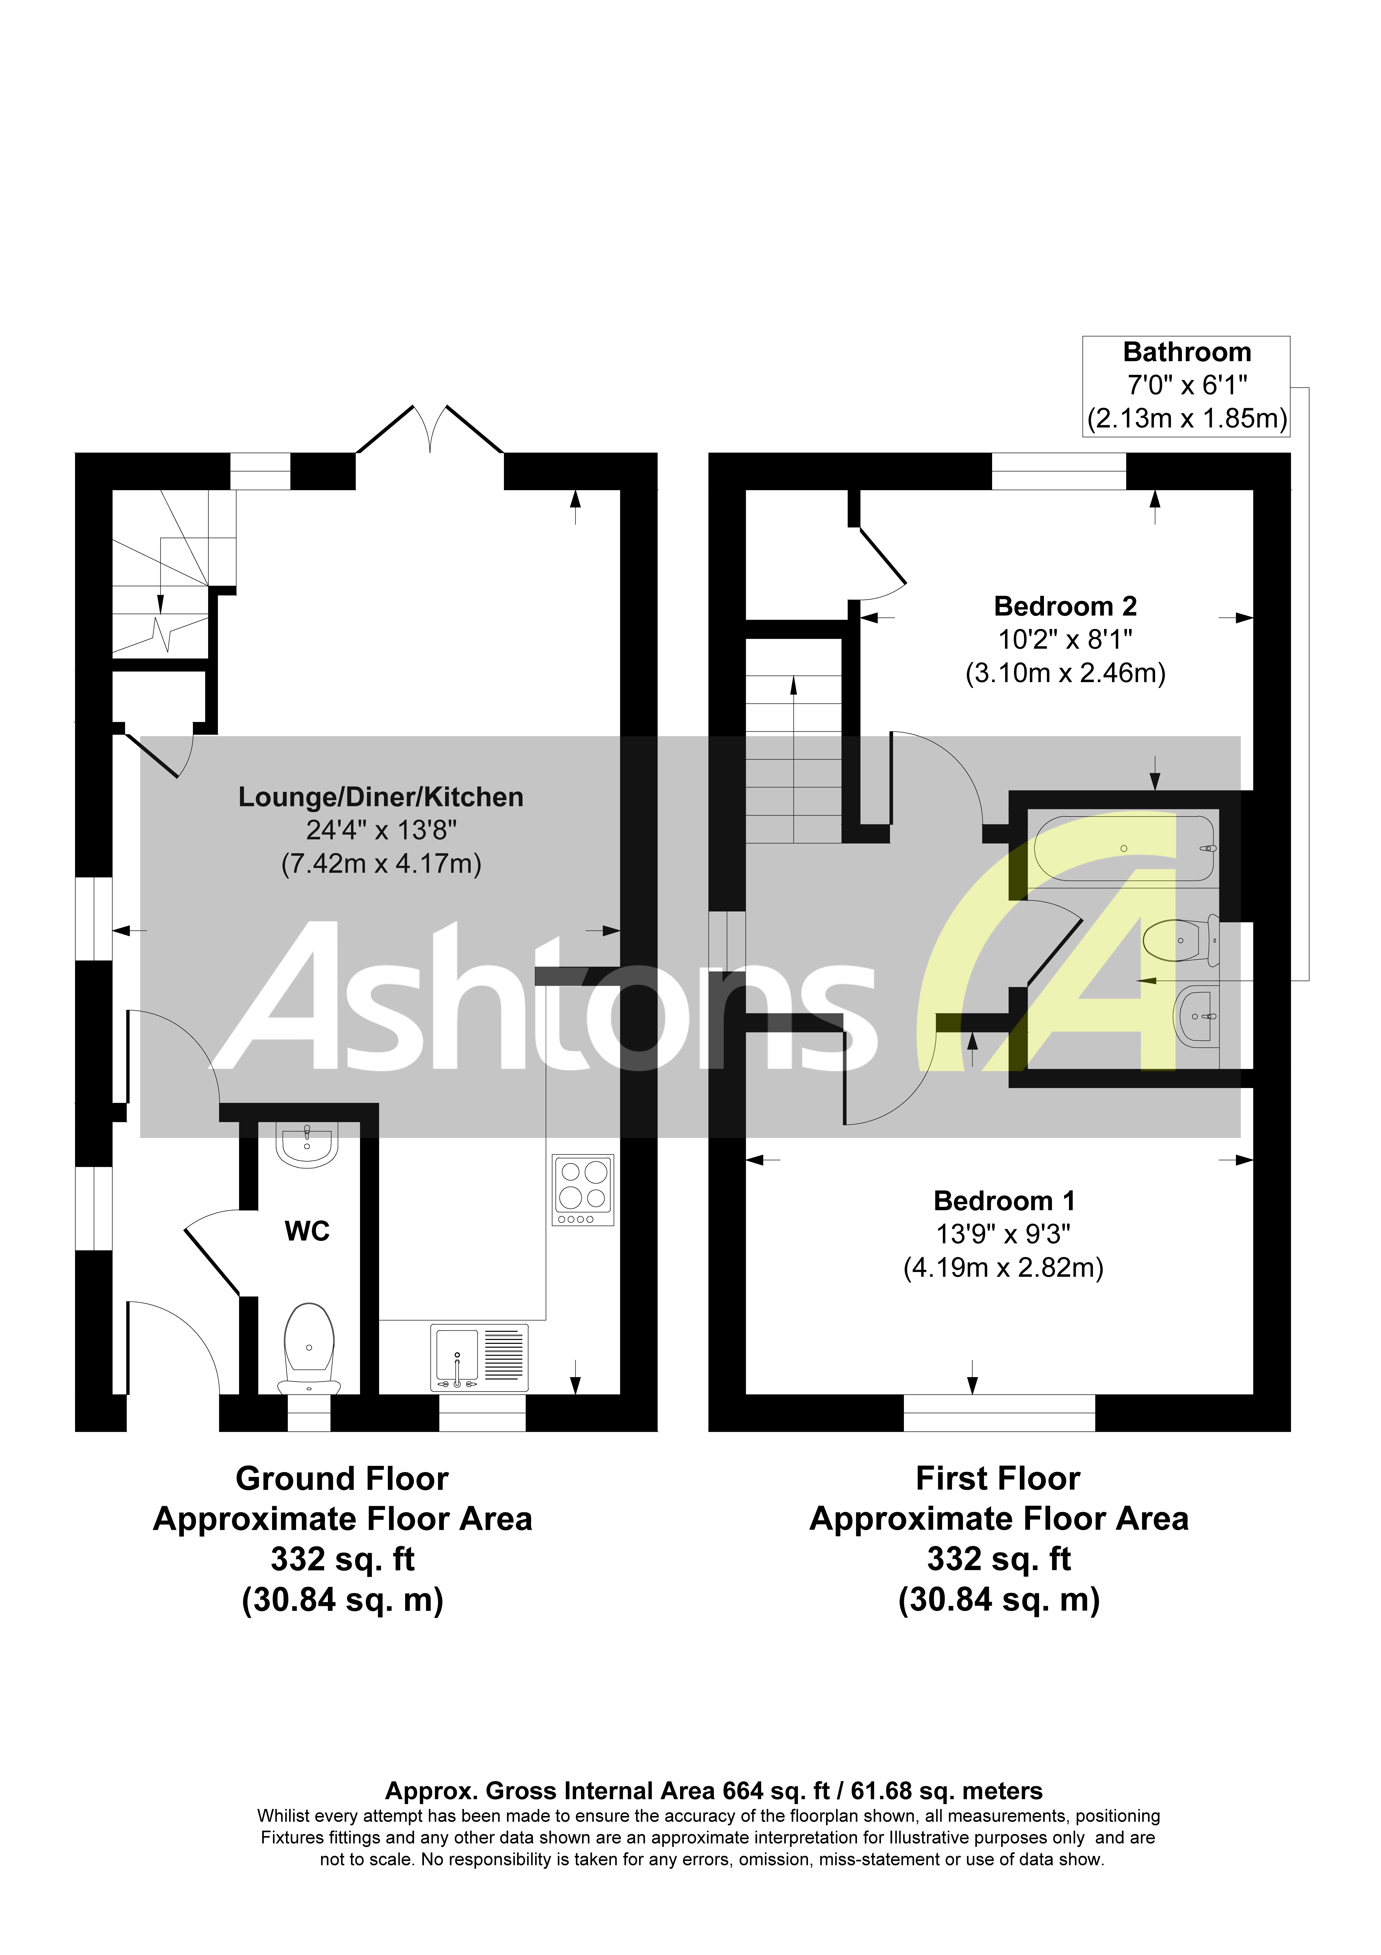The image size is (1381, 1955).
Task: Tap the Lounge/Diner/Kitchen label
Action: (381, 797)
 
